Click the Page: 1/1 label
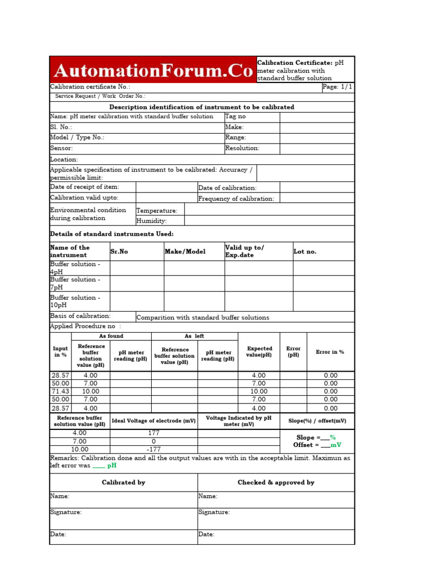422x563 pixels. (337, 87)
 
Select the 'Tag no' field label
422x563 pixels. (236, 117)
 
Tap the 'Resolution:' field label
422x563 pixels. (242, 148)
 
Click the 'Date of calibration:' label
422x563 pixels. (227, 188)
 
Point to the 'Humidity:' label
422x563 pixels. (152, 221)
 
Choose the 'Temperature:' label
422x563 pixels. (157, 211)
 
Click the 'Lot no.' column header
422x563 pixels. (305, 251)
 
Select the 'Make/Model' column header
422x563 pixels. (185, 251)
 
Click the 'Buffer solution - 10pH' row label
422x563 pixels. (75, 301)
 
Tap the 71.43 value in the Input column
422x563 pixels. (60, 391)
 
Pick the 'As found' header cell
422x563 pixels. (111, 336)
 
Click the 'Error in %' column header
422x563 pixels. (330, 352)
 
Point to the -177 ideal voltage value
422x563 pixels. (153, 449)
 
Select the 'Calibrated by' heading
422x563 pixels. (124, 482)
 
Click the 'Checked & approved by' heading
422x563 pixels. (276, 482)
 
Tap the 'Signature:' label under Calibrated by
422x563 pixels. (66, 512)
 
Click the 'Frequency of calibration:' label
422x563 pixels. (236, 198)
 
